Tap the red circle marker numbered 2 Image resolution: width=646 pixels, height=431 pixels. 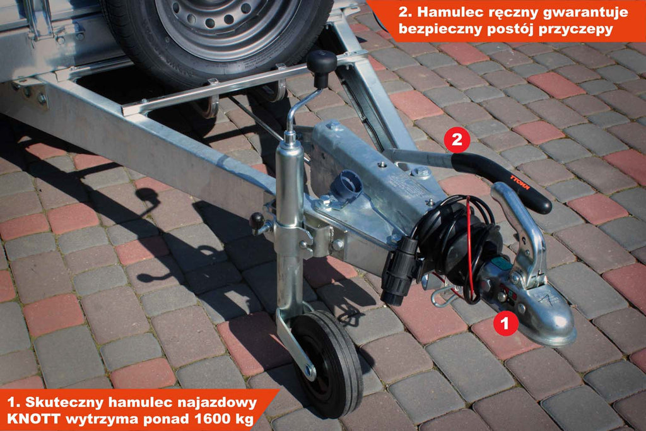(457, 139)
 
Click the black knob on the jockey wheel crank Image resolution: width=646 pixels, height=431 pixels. (321, 63)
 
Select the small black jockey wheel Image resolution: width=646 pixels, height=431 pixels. (327, 364)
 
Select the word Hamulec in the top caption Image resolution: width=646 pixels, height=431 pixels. (449, 12)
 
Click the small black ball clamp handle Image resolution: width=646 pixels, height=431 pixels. (257, 221)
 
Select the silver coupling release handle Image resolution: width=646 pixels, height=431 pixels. (520, 231)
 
